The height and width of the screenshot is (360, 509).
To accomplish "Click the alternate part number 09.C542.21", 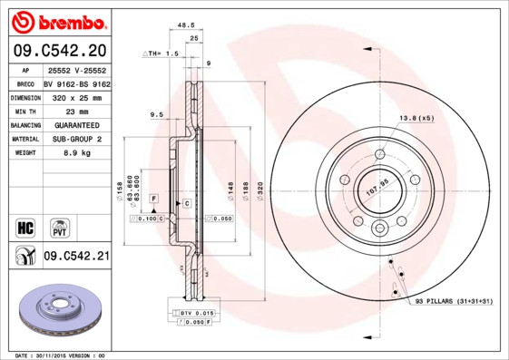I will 76,257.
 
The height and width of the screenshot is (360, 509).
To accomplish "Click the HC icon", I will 24,226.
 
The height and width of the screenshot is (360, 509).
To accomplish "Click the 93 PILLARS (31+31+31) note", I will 453,300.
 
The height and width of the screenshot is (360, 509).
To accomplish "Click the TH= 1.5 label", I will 160,54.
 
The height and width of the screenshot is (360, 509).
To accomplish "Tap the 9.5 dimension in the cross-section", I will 155,115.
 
